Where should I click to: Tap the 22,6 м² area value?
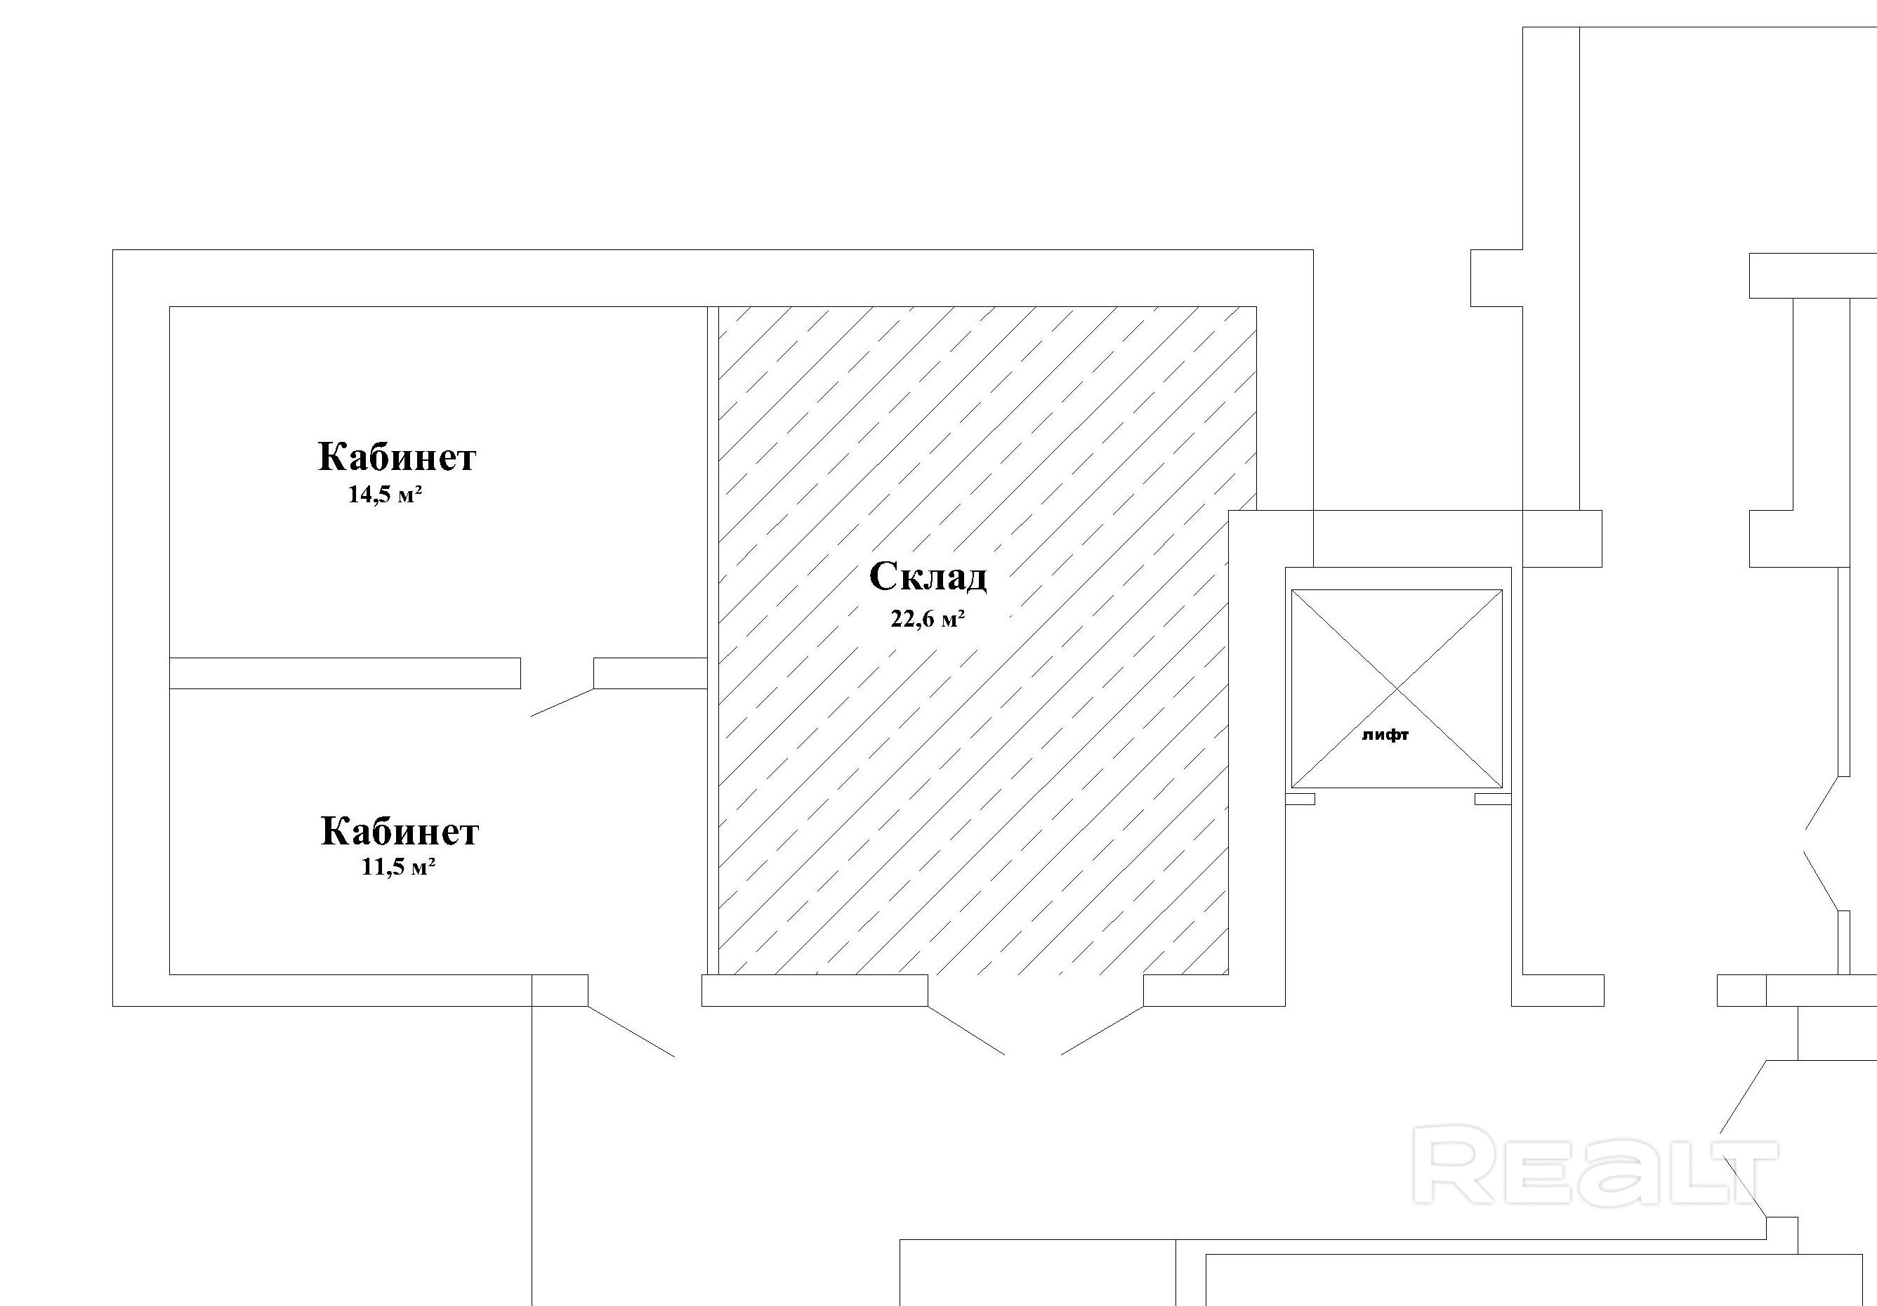click(927, 619)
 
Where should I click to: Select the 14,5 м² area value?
click(384, 495)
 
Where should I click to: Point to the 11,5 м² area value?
click(397, 867)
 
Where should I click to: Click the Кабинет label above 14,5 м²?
click(397, 457)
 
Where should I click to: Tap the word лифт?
click(1385, 735)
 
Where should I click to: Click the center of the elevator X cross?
click(1396, 688)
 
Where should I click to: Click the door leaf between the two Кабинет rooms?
click(562, 703)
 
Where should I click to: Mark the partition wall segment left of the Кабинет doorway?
click(344, 673)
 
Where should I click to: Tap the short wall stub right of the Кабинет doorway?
click(650, 673)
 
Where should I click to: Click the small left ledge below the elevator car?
click(1300, 799)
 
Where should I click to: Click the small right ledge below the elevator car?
click(1492, 799)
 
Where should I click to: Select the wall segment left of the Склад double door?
click(815, 990)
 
